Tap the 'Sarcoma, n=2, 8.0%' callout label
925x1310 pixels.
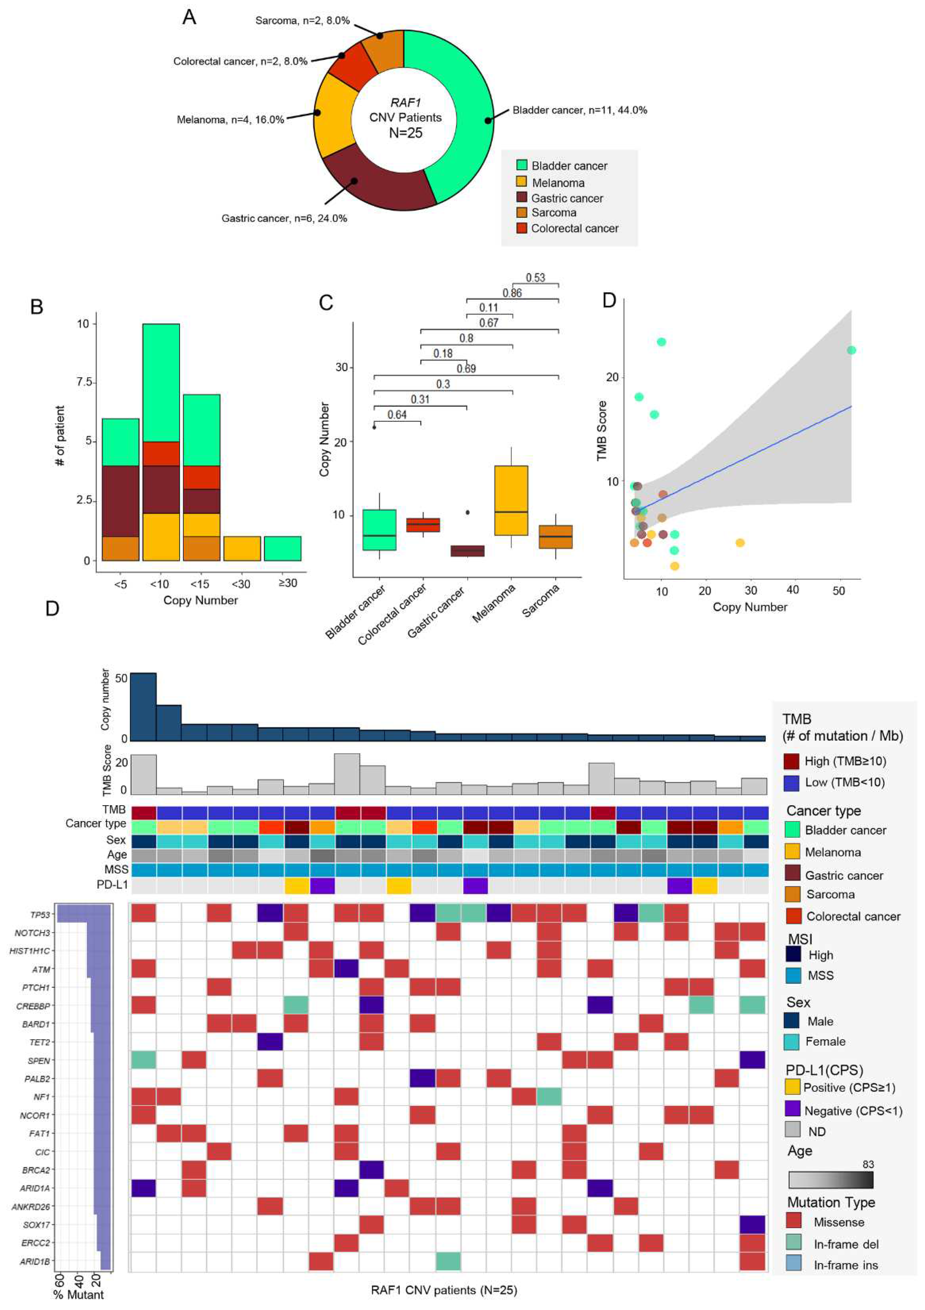point(302,20)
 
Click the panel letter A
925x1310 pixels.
point(189,18)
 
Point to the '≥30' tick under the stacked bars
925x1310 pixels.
point(288,583)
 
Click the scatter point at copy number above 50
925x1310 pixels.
point(851,350)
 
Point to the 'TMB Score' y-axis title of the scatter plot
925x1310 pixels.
point(602,431)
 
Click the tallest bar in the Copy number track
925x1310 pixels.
point(143,706)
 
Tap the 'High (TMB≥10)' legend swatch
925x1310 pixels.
point(792,761)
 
